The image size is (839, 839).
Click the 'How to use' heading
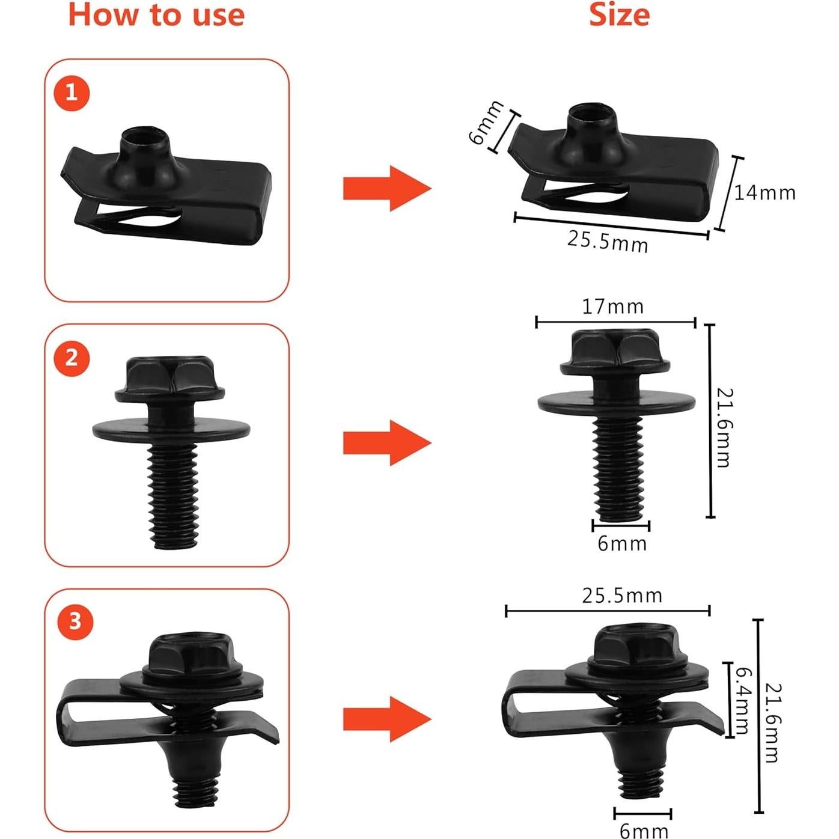[x=156, y=15]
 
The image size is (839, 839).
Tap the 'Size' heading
[x=619, y=15]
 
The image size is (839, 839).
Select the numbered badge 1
[x=72, y=93]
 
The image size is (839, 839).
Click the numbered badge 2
[x=72, y=358]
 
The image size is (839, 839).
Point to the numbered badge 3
[x=75, y=621]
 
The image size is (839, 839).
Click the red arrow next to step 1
[x=386, y=189]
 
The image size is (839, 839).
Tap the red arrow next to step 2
[x=386, y=443]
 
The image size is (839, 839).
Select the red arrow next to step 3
[x=386, y=719]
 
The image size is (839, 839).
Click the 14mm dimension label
[x=764, y=193]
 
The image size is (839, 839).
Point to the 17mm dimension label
[x=612, y=307]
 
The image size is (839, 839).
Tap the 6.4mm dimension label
[x=743, y=700]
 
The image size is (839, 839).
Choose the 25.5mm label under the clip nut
[x=608, y=241]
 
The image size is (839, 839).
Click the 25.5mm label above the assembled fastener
[x=622, y=596]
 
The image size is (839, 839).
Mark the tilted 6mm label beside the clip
[x=486, y=123]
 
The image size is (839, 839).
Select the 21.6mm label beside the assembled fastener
[x=773, y=722]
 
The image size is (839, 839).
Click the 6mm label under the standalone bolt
[x=622, y=544]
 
